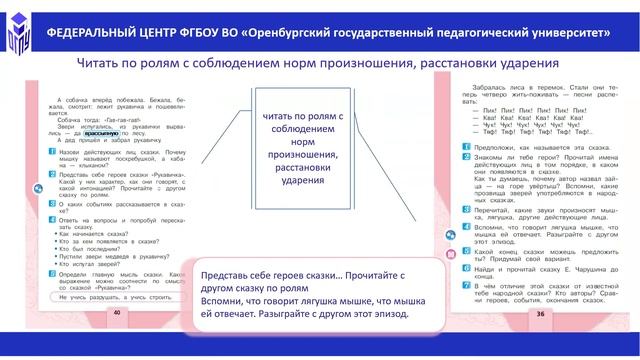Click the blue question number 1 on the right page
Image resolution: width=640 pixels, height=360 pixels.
[x=466, y=146]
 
